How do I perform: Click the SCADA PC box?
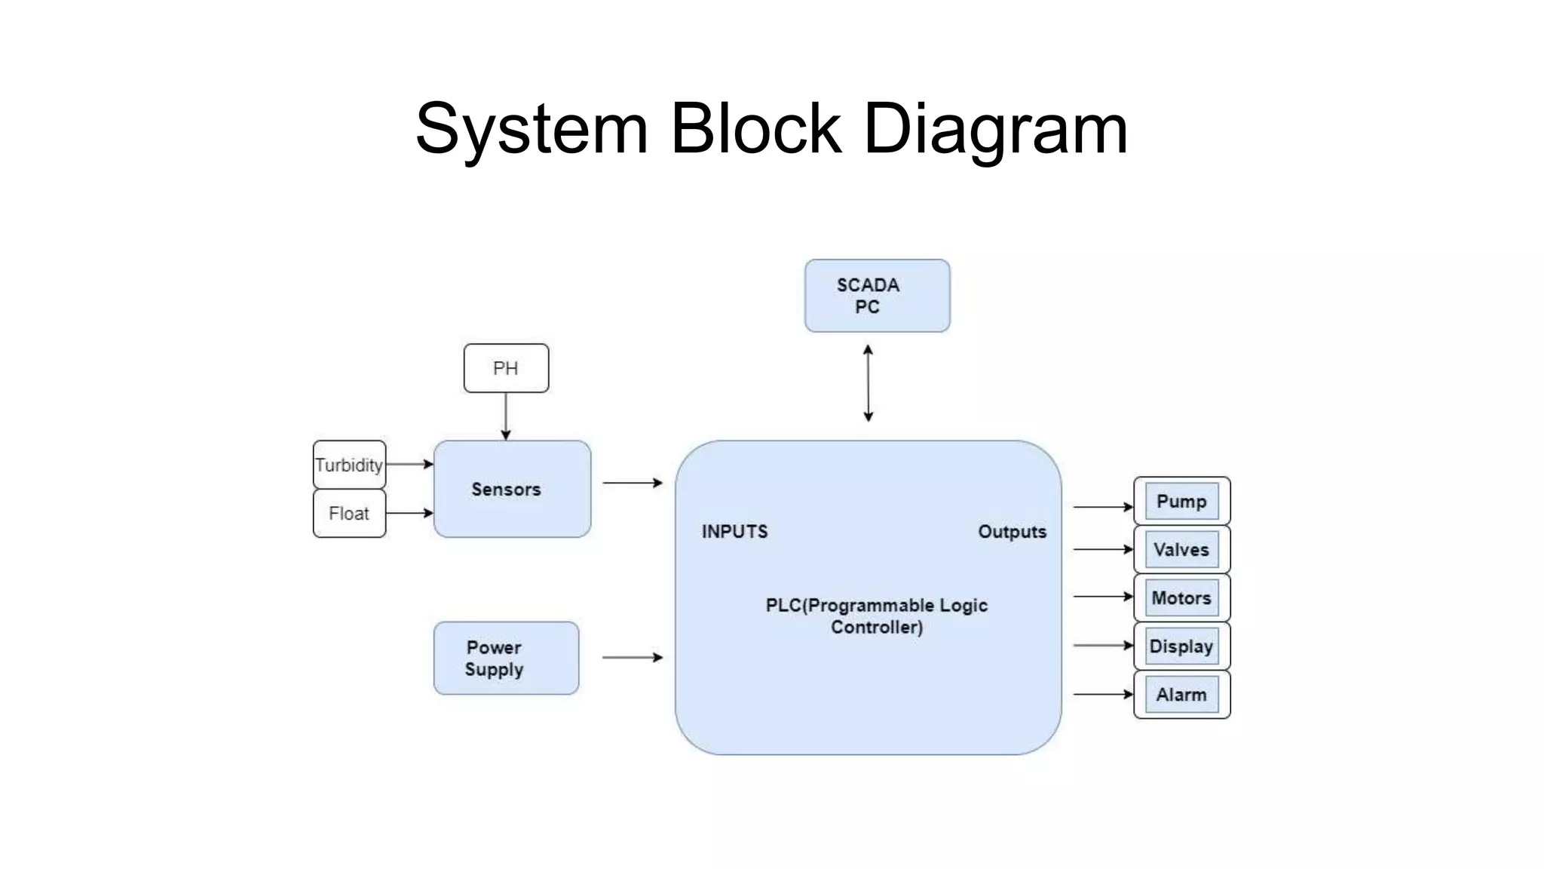coord(877,296)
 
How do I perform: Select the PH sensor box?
coord(506,368)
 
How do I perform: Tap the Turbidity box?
coord(349,465)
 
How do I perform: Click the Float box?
coord(349,514)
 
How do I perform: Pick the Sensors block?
coord(512,489)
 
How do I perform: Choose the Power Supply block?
coord(506,658)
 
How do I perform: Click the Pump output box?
coord(1181,502)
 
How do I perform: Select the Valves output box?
coord(1181,550)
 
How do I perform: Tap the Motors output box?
coord(1181,598)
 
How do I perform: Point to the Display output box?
coord(1181,646)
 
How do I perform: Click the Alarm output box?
coord(1181,695)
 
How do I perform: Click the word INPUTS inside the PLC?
coord(734,532)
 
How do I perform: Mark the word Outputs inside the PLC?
coord(1012,532)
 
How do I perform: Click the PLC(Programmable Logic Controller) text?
coord(876,616)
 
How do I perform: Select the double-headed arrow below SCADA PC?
coord(868,383)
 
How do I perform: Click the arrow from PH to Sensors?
coord(506,416)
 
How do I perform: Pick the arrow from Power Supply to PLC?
coord(632,658)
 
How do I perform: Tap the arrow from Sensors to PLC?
coord(632,483)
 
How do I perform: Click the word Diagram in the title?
coord(995,129)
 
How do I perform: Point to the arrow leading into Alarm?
coord(1102,694)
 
